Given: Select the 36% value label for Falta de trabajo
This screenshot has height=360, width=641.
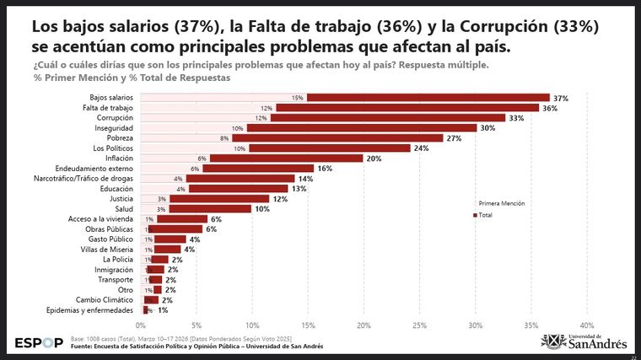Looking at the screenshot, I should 550,108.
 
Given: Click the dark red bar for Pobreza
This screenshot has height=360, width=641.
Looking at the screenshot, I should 337,138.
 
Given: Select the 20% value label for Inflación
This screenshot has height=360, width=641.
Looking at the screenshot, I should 374,159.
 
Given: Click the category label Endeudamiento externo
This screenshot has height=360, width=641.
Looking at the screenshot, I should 94,169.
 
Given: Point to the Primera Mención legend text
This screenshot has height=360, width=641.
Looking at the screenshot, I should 502,204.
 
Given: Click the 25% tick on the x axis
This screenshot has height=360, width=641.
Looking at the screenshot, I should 420,325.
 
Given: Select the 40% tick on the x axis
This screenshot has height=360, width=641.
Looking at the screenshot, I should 587,325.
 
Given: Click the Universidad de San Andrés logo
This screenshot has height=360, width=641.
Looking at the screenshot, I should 584,341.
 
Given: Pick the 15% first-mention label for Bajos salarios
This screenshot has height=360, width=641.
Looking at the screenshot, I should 298,98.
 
